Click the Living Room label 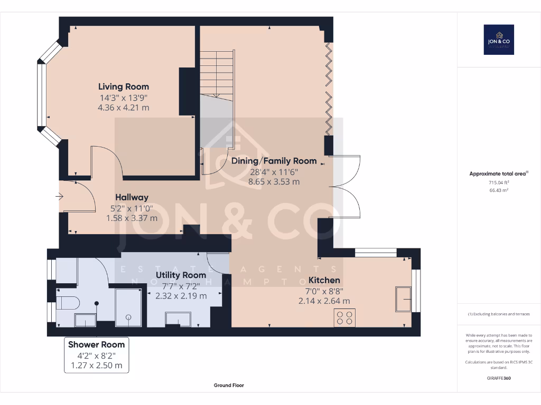pos(124,86)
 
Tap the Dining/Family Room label pos(274,161)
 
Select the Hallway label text pos(132,197)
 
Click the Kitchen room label pos(324,280)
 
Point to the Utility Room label pos(181,275)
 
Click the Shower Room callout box pos(96,355)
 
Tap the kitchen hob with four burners pos(345,317)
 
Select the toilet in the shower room pos(68,303)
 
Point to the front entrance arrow pos(59,197)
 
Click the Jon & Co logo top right pos(499,40)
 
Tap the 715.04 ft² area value pos(499,182)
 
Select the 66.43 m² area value pos(499,189)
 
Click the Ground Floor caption pos(229,385)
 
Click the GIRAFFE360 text pos(499,378)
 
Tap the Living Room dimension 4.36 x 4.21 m pos(124,107)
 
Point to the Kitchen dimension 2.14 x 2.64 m pos(324,301)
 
